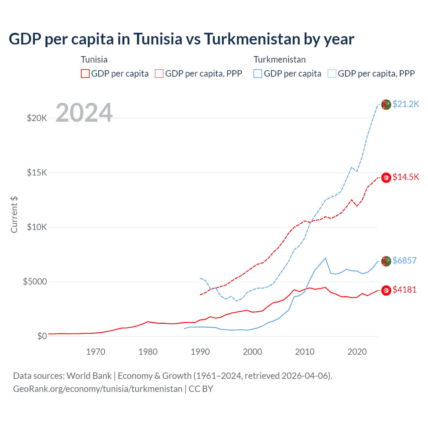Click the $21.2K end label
(406, 104)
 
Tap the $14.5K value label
(406, 177)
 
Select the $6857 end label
(405, 260)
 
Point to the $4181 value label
(405, 290)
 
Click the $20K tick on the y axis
(37, 118)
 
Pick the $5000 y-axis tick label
(35, 282)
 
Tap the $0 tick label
(42, 336)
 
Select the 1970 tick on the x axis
(96, 352)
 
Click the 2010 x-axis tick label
(305, 352)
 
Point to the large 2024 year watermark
(84, 113)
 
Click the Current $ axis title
(14, 215)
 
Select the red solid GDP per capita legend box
(85, 74)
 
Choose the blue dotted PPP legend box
(332, 74)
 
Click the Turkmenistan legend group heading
(280, 60)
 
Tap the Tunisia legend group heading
(94, 60)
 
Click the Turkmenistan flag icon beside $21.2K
(386, 104)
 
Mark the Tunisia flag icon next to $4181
(386, 290)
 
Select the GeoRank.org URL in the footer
(98, 389)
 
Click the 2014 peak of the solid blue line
(325, 258)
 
